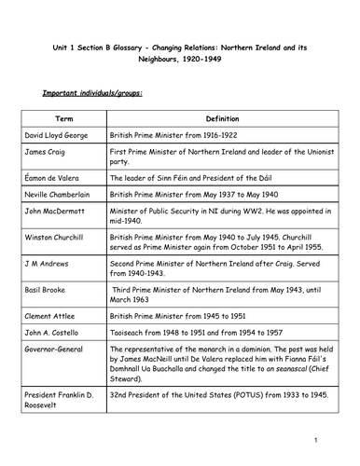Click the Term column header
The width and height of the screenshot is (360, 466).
click(63, 119)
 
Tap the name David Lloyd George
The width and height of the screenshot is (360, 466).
click(58, 135)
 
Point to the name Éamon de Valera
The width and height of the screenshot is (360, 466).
click(54, 176)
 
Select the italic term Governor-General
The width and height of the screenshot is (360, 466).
click(55, 351)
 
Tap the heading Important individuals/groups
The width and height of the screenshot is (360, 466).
click(88, 94)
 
